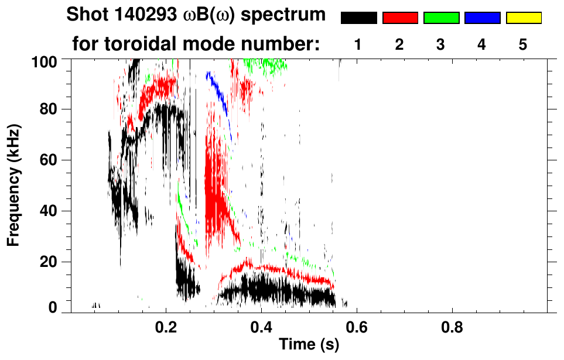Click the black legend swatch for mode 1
point(358,18)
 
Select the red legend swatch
point(400,18)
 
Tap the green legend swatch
point(441,18)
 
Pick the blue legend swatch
point(482,18)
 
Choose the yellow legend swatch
point(524,18)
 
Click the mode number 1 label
point(358,44)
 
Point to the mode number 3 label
point(441,44)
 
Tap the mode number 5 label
point(524,44)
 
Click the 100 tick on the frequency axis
point(51,61)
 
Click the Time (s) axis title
point(308,345)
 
